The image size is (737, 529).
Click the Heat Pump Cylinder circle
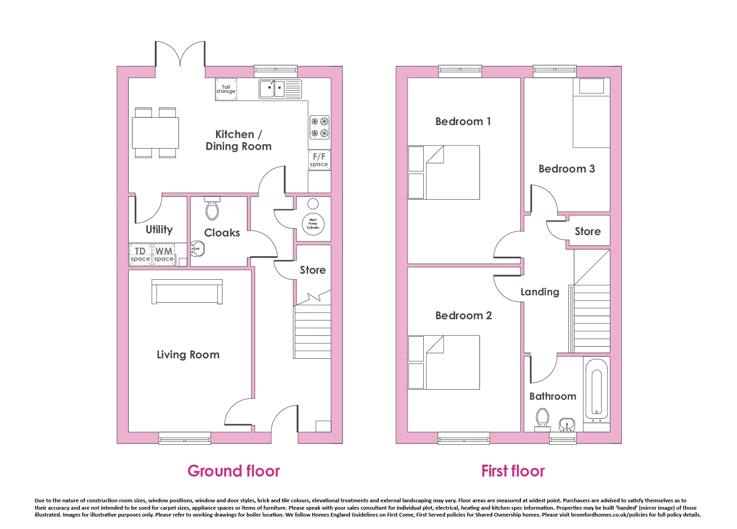point(313,224)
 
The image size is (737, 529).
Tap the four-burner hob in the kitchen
point(320,127)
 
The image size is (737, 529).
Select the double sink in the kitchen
point(280,89)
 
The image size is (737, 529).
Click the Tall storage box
point(226,89)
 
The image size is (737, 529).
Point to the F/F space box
point(319,160)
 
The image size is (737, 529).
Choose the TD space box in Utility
point(140,255)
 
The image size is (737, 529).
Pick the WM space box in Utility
point(164,255)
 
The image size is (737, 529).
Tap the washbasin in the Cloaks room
point(198,249)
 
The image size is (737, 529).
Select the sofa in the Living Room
point(187,292)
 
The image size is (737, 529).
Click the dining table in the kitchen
point(155,133)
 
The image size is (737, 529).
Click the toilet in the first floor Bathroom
point(542,420)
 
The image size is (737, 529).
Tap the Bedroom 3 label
point(567,169)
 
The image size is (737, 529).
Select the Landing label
point(539,292)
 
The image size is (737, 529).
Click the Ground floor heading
point(234,471)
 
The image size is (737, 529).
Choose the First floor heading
point(513,471)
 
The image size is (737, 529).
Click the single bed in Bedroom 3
point(591,113)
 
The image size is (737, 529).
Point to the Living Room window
point(185,438)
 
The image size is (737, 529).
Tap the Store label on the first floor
point(588,231)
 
